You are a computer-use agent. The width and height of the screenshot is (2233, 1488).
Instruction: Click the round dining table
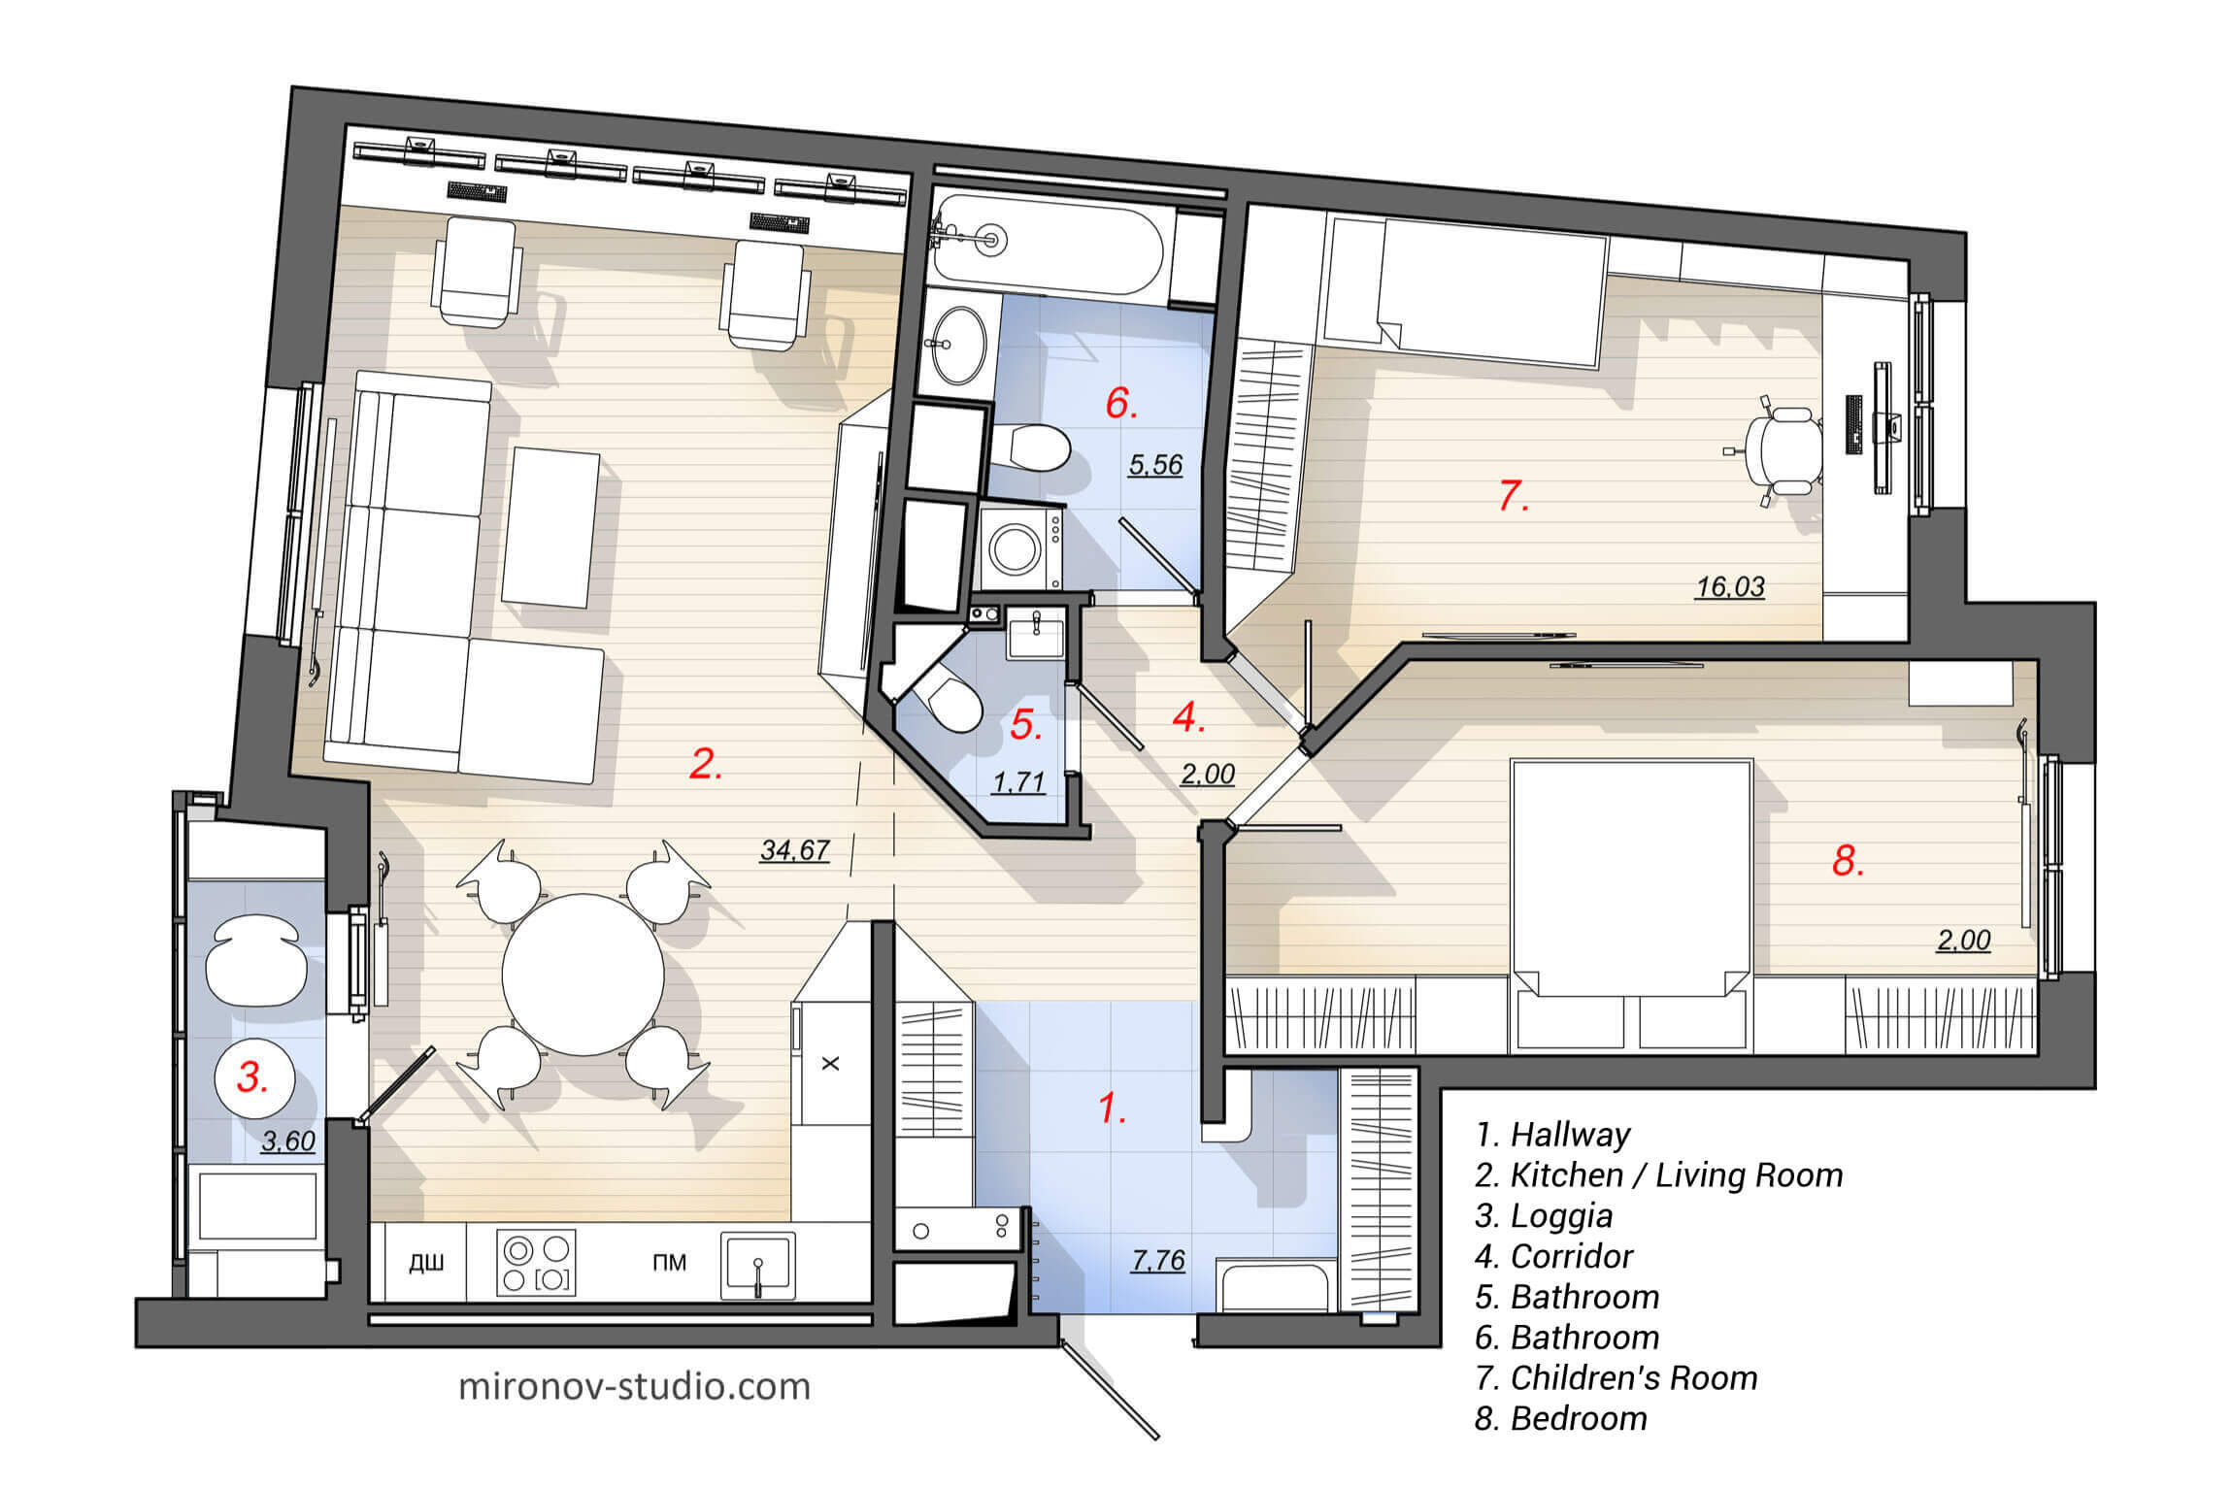tap(583, 974)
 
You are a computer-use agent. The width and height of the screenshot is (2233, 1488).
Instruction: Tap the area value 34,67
tap(794, 850)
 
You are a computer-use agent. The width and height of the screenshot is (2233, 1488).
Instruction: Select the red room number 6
tap(1120, 403)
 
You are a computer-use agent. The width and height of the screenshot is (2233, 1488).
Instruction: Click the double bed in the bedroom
tap(1631, 878)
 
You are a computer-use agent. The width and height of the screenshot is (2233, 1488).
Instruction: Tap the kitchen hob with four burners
tap(536, 1263)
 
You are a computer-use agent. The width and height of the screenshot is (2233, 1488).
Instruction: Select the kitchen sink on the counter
tap(757, 1265)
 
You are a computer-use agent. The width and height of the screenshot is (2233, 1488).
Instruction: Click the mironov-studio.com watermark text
tap(634, 1386)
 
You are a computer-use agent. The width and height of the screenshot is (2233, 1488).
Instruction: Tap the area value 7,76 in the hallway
tap(1157, 1260)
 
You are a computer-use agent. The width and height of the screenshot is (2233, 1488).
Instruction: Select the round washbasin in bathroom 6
tap(958, 346)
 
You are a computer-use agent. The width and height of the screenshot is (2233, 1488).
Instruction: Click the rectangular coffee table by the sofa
tap(550, 527)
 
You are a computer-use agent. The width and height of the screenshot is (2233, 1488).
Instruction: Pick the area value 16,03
tap(1729, 586)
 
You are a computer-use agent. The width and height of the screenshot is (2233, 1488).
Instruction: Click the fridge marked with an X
tap(830, 1064)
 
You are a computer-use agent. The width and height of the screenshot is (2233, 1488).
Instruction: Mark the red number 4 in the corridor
tap(1187, 717)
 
